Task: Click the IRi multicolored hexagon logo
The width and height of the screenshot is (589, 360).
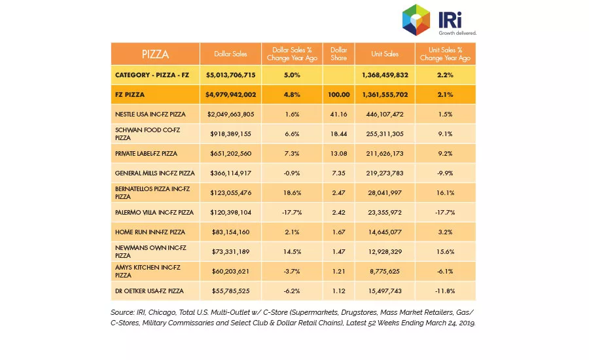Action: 416,20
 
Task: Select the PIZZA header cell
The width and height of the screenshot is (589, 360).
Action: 155,54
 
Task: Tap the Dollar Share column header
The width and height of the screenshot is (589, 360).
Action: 338,54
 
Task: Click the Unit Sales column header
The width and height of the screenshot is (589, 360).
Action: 385,54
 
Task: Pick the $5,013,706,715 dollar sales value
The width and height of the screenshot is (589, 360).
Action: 230,75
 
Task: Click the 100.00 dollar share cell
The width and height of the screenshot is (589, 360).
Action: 338,95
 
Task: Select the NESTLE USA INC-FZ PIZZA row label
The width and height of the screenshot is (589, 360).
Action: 151,115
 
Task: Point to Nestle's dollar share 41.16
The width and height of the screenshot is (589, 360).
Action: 338,115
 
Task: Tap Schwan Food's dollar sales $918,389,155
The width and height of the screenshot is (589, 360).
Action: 230,134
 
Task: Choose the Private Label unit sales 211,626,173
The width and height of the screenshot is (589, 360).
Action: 385,153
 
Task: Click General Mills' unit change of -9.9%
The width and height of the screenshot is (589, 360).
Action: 445,173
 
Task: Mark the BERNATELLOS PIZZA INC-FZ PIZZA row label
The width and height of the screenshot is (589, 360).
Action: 152,193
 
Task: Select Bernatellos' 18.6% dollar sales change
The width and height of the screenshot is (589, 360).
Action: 292,193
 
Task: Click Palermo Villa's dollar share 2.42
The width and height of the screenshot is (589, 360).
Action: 338,212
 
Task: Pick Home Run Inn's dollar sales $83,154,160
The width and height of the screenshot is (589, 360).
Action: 230,232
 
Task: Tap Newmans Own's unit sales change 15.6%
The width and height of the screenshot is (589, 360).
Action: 445,252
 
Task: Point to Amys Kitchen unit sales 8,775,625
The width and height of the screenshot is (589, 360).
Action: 385,272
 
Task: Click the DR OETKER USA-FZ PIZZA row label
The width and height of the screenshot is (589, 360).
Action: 149,291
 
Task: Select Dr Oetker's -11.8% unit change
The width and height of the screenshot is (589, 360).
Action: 445,291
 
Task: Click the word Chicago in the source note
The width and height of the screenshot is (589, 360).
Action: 162,313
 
